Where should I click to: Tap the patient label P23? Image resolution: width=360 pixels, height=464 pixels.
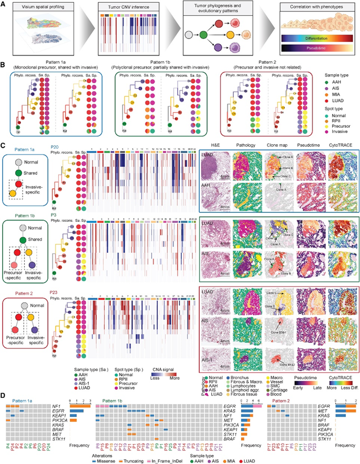[x=55, y=292]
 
